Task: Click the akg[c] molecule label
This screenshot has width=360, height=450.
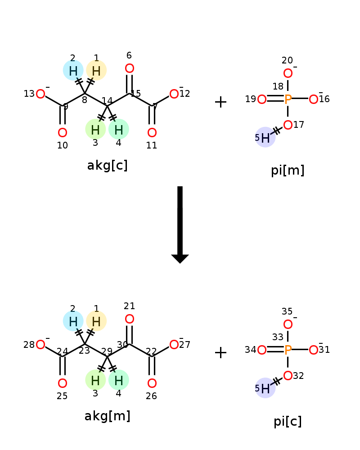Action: click(x=107, y=166)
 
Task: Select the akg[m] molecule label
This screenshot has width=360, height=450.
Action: click(x=107, y=416)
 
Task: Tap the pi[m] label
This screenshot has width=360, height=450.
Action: click(x=288, y=170)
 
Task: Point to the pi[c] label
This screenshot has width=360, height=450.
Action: click(x=288, y=421)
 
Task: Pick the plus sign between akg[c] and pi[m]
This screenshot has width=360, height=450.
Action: click(x=220, y=102)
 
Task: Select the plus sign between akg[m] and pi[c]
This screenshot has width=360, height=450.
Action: click(x=220, y=353)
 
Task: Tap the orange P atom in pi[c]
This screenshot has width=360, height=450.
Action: click(x=288, y=350)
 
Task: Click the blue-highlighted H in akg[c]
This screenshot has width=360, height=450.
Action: click(x=73, y=71)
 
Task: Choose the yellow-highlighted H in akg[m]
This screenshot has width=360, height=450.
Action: click(x=96, y=321)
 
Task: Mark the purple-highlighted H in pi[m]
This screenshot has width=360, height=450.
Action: click(x=265, y=138)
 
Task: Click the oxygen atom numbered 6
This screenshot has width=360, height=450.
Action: click(x=130, y=69)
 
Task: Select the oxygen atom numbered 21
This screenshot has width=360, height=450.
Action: click(x=130, y=319)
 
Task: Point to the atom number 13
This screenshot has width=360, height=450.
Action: click(x=29, y=94)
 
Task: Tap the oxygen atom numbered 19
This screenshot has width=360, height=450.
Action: click(x=262, y=99)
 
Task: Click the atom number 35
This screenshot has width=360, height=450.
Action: click(x=287, y=311)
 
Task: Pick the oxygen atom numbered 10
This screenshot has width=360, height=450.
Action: click(x=63, y=133)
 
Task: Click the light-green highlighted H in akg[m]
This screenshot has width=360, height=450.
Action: click(x=95, y=380)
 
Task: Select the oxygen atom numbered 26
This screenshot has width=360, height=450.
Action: click(x=152, y=383)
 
